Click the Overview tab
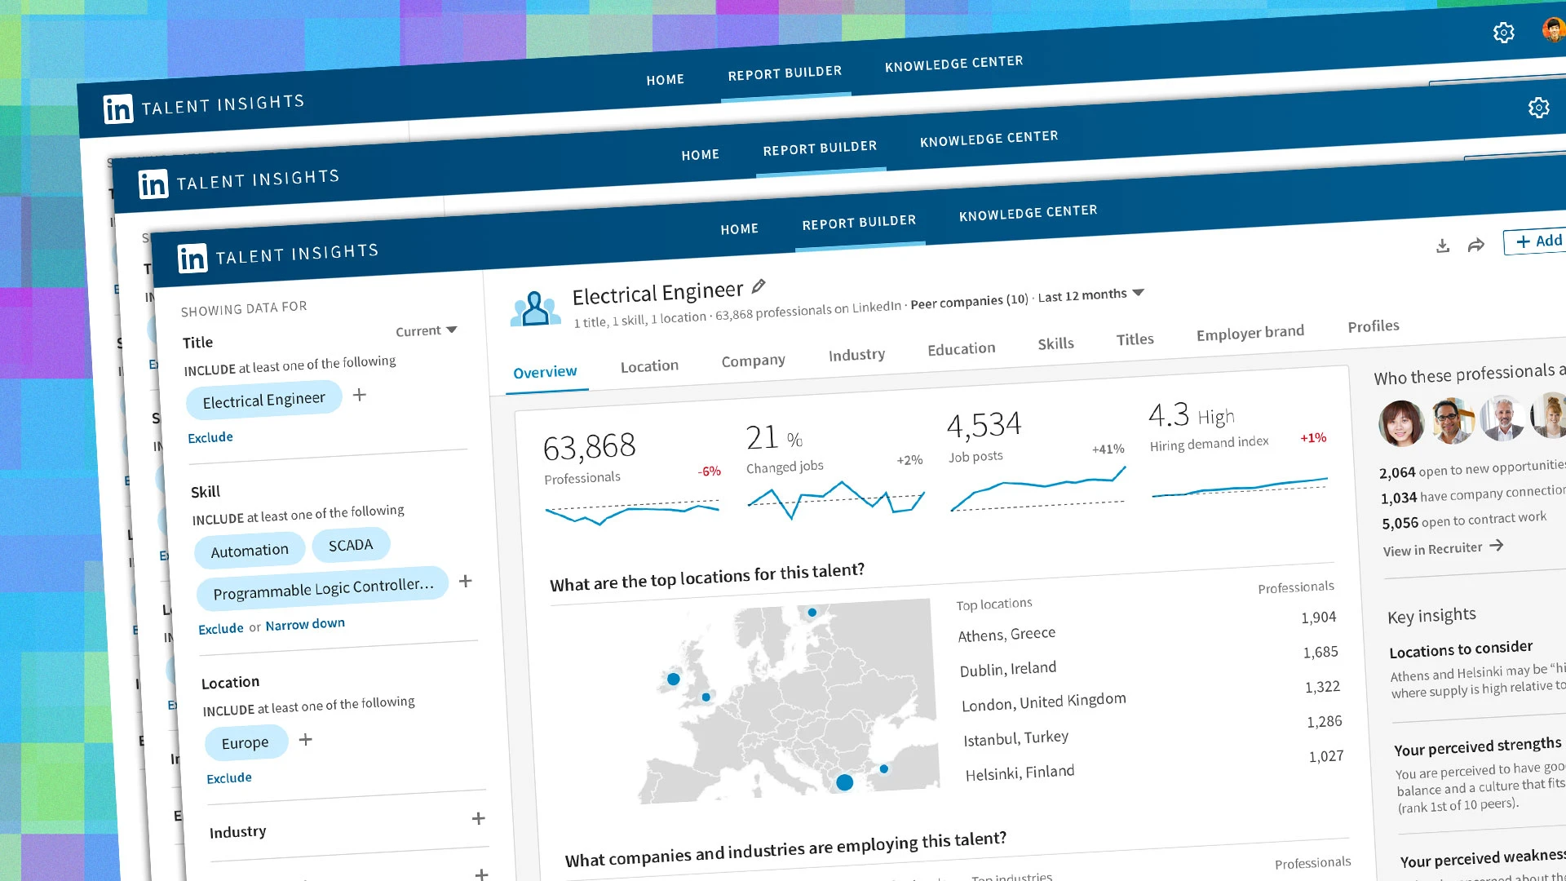[x=545, y=372]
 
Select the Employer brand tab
[x=1250, y=332]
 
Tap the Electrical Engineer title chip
[x=263, y=400]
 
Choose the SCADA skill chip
[x=350, y=545]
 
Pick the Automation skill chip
[x=250, y=551]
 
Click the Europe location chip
[x=245, y=742]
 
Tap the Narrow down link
[x=305, y=624]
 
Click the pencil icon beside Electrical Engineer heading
[x=759, y=286]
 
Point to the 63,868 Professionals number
[x=589, y=447]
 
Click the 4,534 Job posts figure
[x=984, y=425]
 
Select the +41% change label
[x=1108, y=449]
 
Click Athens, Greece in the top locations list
[x=1006, y=634]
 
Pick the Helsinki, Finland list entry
[x=1020, y=773]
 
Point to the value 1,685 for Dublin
[x=1320, y=652]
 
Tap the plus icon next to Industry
[x=479, y=818]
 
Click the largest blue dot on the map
[x=845, y=782]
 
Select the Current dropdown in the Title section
[x=426, y=330]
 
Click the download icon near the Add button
[x=1443, y=246]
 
